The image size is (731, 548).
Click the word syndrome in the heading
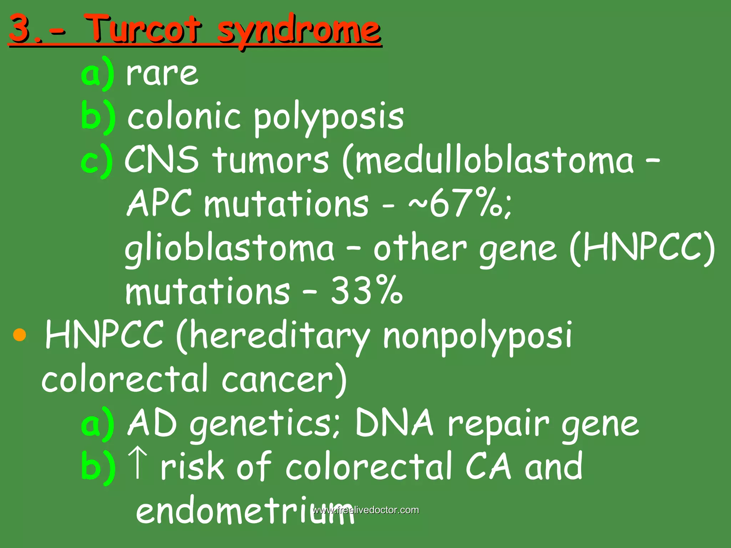(299, 30)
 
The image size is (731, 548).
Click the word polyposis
(328, 118)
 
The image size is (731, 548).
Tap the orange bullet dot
(20, 335)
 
